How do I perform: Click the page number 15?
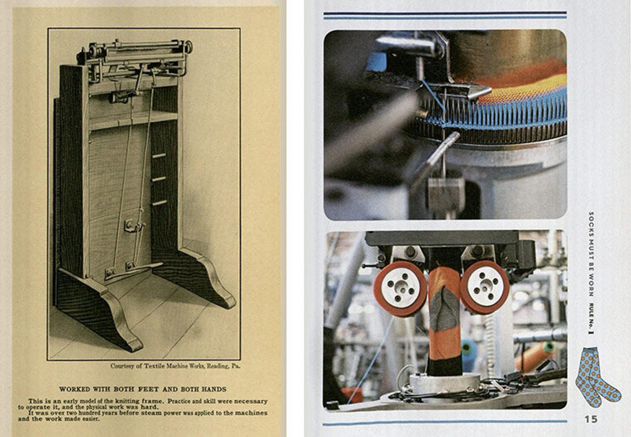[x=591, y=419]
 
